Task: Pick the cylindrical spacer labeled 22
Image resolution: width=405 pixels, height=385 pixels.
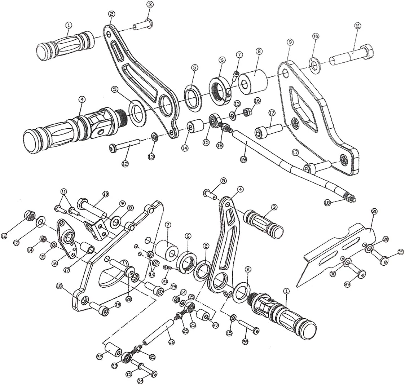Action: [x=112, y=350]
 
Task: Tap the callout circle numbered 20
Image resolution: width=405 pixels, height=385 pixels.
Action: [x=128, y=299]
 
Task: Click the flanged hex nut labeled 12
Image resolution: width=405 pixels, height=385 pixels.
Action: [x=30, y=216]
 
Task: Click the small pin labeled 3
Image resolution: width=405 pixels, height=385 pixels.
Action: [x=143, y=26]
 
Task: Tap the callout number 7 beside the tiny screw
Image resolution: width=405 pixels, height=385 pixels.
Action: [x=239, y=54]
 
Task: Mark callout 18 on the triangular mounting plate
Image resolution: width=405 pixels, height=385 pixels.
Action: [x=60, y=286]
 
